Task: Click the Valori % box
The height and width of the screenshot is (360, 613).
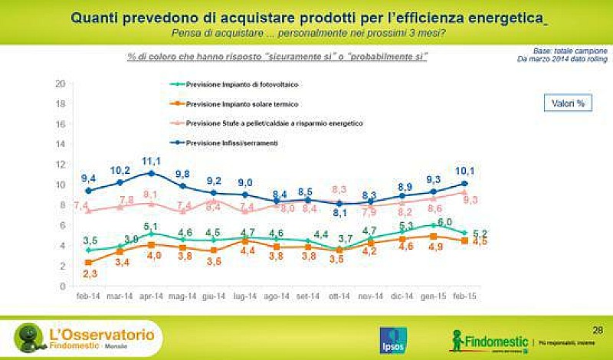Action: click(567, 103)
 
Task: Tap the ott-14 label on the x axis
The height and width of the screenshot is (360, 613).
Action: click(338, 295)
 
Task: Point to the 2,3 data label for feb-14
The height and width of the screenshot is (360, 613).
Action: click(90, 273)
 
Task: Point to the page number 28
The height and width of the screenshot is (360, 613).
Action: click(598, 329)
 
